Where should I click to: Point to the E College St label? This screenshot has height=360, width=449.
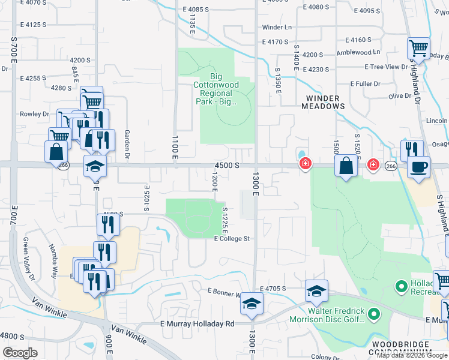coord(232,238)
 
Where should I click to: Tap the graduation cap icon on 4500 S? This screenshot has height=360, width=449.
coord(94,165)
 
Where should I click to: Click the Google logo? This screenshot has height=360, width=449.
coord(20,352)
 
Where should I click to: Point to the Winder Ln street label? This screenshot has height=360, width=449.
coord(277,28)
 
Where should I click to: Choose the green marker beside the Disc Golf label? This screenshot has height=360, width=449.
coord(373,314)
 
